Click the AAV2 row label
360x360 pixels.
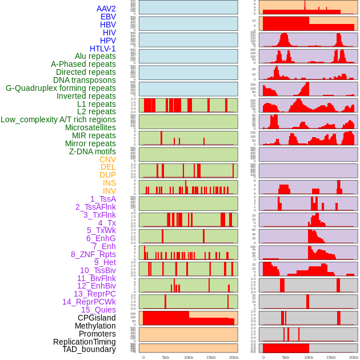[106, 9]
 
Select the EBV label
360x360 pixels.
[108, 17]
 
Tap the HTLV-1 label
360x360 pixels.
[103, 49]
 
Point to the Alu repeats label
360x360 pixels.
[95, 56]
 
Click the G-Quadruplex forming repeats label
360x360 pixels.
[61, 88]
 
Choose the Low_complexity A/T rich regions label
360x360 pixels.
[58, 119]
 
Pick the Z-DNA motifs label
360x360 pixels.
[93, 151]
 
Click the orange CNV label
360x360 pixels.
[107, 159]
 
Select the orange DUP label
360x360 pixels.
[107, 175]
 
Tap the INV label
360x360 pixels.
[109, 191]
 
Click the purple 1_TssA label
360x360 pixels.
[103, 199]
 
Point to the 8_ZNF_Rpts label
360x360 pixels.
[93, 254]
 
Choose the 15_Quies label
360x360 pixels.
[98, 310]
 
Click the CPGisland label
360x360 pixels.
[97, 318]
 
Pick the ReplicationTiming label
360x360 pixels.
[85, 342]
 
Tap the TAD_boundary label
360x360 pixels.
[89, 349]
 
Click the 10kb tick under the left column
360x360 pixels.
[188, 357]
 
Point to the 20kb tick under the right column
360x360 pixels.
[353, 357]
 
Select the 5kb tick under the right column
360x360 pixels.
[286, 357]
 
